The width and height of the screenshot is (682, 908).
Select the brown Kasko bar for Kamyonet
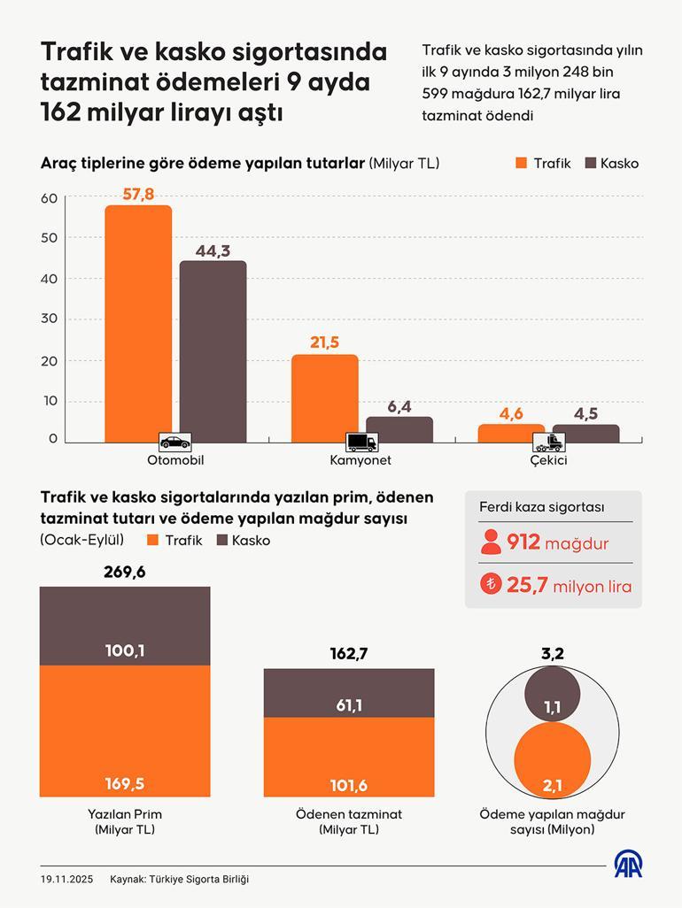pos(399,429)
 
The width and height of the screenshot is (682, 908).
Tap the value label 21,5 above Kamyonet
pos(325,342)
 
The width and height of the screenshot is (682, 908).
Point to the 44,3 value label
pos(213,250)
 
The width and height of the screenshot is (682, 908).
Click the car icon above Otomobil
pos(174,441)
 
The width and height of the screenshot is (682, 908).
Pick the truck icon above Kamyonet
pos(360,442)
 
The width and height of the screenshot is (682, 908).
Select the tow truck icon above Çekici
pos(555,442)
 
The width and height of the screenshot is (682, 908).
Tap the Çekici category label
pos(549,460)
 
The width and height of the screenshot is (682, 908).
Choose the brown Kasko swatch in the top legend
pos(591,163)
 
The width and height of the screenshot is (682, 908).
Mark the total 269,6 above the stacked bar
pos(125,572)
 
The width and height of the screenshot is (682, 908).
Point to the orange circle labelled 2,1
pos(552,760)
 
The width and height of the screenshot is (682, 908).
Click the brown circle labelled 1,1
pos(552,696)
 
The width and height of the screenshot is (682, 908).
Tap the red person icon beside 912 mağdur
pos(491,542)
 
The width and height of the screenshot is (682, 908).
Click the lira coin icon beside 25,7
pos(491,584)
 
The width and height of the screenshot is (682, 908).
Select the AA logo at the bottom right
pos(629,866)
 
